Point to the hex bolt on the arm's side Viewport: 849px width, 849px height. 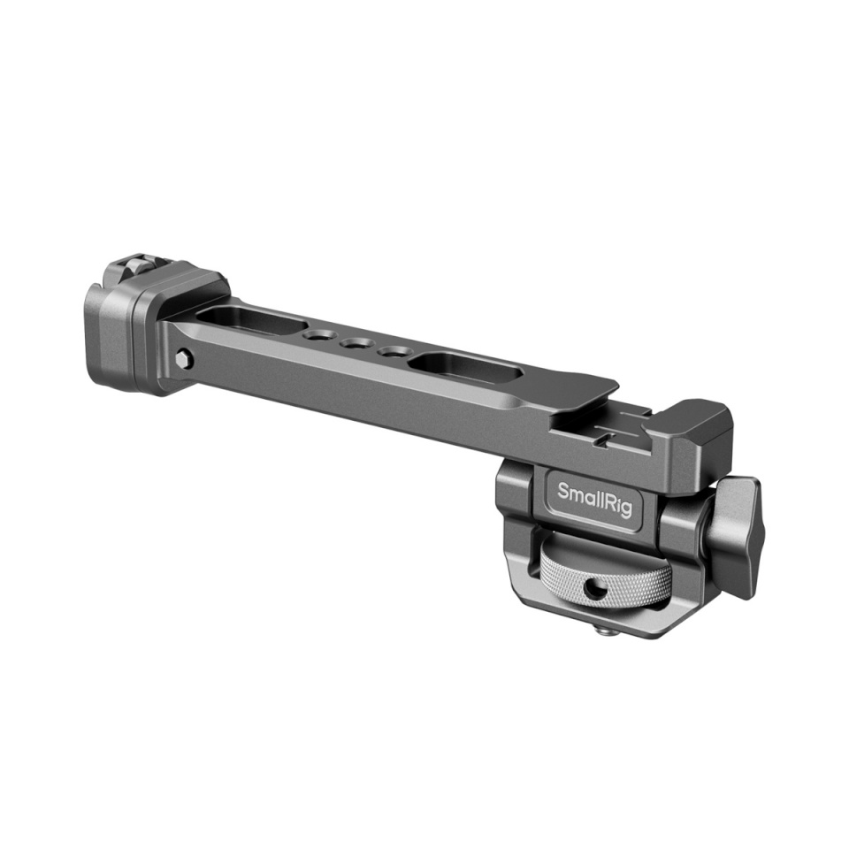pos(184,358)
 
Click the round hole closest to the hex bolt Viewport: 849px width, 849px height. pos(314,336)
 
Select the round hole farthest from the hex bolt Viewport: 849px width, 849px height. pos(389,351)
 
